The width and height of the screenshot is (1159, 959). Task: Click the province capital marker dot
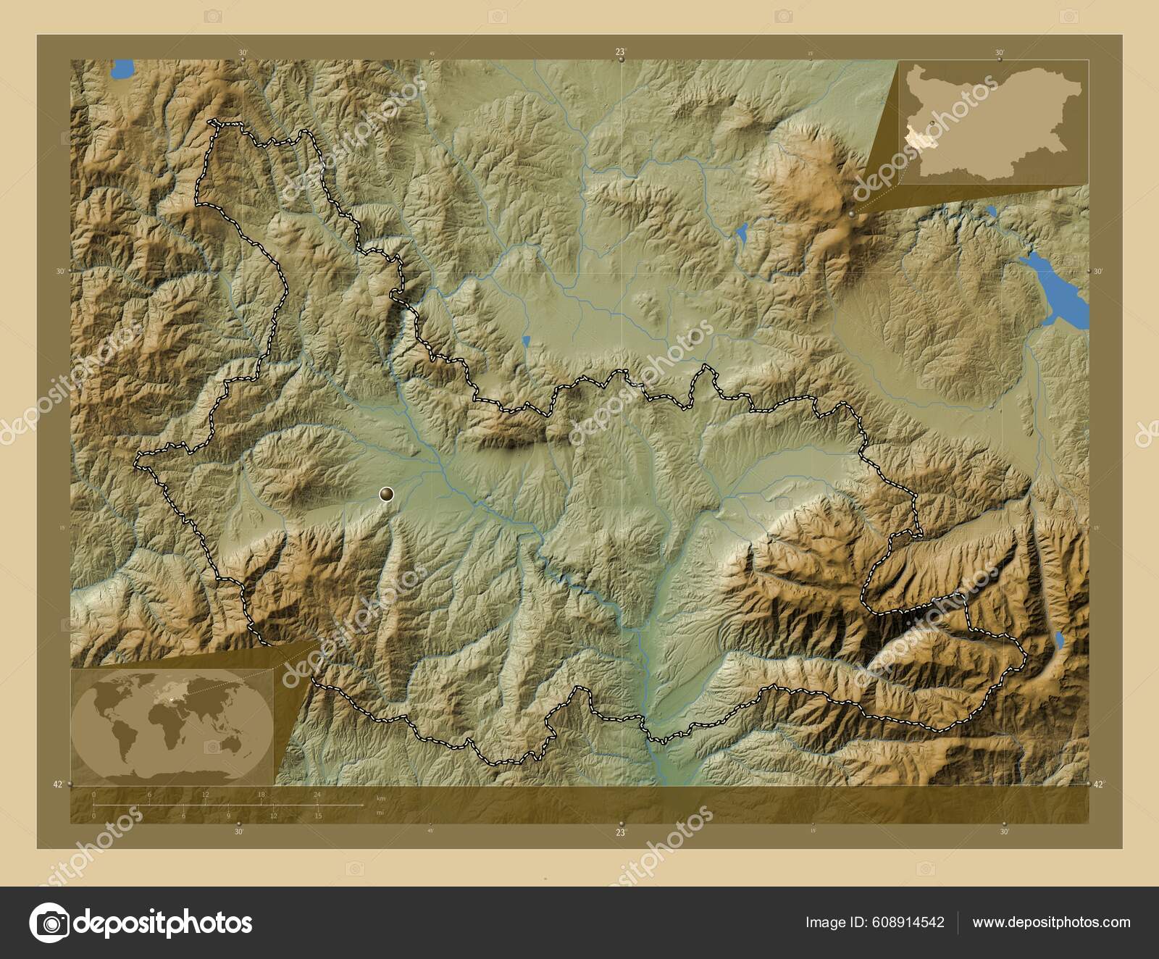click(x=387, y=494)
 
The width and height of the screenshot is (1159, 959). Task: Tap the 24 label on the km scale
click(x=317, y=795)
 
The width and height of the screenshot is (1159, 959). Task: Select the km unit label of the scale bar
click(x=381, y=798)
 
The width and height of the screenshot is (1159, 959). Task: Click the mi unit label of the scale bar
click(x=380, y=812)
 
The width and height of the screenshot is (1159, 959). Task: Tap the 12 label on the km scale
click(x=205, y=795)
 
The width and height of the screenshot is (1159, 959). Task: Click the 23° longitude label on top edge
click(x=620, y=52)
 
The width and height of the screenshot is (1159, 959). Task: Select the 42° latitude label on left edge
click(x=58, y=784)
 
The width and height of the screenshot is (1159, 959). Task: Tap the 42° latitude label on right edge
click(x=1099, y=784)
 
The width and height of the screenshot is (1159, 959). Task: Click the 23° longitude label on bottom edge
click(x=620, y=832)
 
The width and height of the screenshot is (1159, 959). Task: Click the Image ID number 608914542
click(x=909, y=922)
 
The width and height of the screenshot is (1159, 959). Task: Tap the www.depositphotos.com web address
click(x=1051, y=922)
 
